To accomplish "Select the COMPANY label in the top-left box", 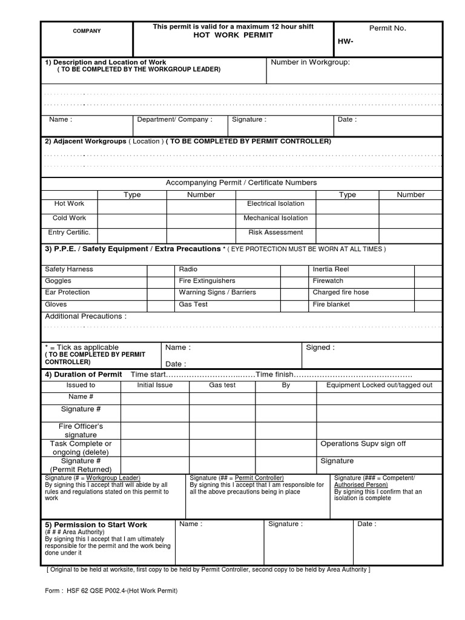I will [x=87, y=31].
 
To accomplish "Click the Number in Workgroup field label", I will [x=310, y=62].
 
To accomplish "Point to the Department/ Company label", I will [x=174, y=119].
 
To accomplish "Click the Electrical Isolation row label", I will [x=275, y=203].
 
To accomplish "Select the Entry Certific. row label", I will [x=69, y=232].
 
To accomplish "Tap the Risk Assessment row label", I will [x=275, y=232].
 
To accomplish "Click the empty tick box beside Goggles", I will [x=160, y=281].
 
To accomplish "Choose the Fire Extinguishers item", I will [x=207, y=281].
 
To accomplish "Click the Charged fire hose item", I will [x=340, y=292].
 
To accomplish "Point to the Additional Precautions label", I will [x=86, y=316].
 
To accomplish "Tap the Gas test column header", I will [x=222, y=385].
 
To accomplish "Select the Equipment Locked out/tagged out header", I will [x=379, y=385].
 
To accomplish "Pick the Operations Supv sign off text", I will [x=363, y=444].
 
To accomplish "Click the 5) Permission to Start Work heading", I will [x=96, y=524].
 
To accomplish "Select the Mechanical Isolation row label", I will [x=275, y=218].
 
